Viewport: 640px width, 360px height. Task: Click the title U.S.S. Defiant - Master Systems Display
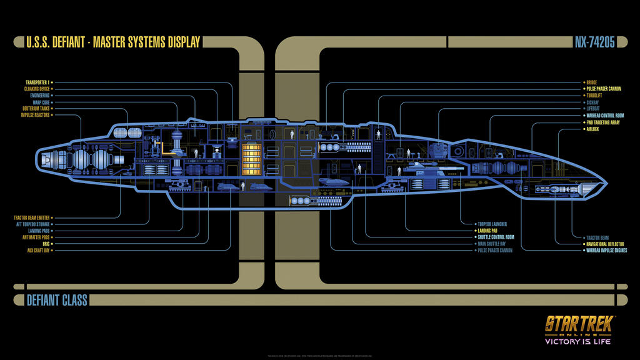[x=112, y=42]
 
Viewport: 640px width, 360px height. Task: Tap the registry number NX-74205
[x=594, y=42]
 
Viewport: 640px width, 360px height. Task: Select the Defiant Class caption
[x=56, y=300]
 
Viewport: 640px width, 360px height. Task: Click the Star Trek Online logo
[x=579, y=326]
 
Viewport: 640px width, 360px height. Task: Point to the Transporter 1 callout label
[x=37, y=82]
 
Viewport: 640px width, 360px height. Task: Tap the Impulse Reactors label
[x=34, y=115]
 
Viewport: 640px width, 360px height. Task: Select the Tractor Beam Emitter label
[x=31, y=217]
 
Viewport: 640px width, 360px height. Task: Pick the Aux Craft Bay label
[x=38, y=250]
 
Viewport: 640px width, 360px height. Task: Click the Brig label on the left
[x=44, y=244]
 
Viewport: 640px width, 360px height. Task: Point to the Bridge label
[x=591, y=82]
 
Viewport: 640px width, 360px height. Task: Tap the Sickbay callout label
[x=592, y=102]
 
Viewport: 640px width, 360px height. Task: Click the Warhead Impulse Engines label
[x=607, y=250]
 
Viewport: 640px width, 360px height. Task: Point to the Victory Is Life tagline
[x=579, y=341]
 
